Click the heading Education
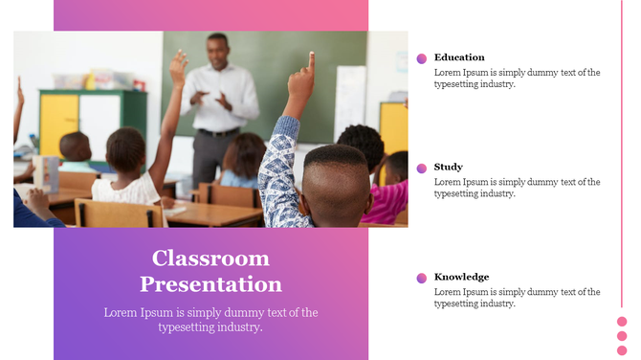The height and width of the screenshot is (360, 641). point(459,57)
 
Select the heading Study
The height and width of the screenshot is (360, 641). point(448,168)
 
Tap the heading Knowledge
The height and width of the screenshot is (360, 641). point(461,278)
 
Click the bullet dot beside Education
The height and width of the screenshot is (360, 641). point(422,58)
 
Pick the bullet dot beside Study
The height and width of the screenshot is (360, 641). point(422,169)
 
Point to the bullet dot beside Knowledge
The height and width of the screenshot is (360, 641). point(422,279)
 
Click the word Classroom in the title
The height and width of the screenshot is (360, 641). point(210,259)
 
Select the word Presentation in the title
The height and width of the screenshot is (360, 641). point(210,284)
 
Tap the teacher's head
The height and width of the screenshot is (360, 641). point(218,46)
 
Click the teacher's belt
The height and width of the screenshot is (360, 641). point(215,132)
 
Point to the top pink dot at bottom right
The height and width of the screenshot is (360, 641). point(622,322)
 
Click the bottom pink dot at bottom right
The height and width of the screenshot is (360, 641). point(622,349)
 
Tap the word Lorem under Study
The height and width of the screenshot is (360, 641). point(448,182)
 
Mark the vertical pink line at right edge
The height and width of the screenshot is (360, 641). point(622,144)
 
